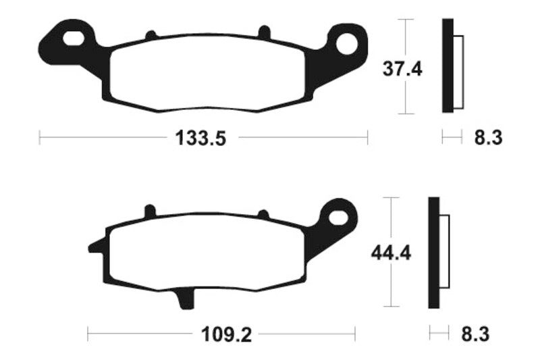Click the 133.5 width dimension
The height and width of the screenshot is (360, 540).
coord(200,138)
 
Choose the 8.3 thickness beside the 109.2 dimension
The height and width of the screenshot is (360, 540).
coord(475,334)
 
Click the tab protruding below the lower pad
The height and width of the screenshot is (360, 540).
coord(184,299)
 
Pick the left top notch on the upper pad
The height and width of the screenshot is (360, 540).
coord(151,34)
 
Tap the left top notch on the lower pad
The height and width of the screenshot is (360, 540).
coord(150,212)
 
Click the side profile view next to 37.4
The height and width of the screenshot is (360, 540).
coord(452,66)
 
